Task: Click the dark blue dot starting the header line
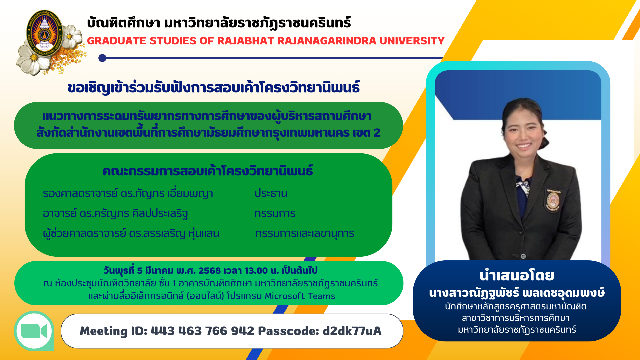(102, 58)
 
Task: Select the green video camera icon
(34, 331)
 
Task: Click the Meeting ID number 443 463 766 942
(203, 331)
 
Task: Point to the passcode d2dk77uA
(352, 331)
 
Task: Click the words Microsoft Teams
(300, 296)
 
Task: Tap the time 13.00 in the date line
(256, 270)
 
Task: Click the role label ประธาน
(271, 193)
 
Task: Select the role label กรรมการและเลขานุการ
(304, 234)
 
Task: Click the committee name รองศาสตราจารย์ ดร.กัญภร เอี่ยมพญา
(128, 193)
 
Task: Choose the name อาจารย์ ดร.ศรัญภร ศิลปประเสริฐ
(115, 213)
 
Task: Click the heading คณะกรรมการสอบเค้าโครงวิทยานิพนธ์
(208, 171)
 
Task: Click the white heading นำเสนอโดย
(517, 275)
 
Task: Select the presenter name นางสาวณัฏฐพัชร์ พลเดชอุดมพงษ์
(517, 293)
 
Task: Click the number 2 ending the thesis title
(377, 133)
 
